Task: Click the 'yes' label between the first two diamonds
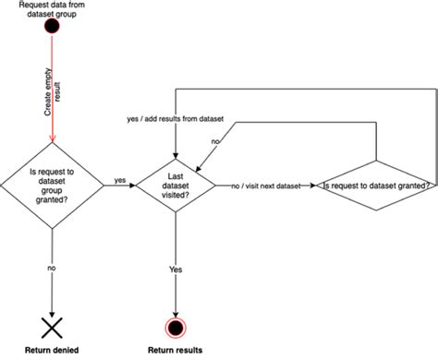pyautogui.click(x=120, y=181)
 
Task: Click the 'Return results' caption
pyautogui.click(x=175, y=351)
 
